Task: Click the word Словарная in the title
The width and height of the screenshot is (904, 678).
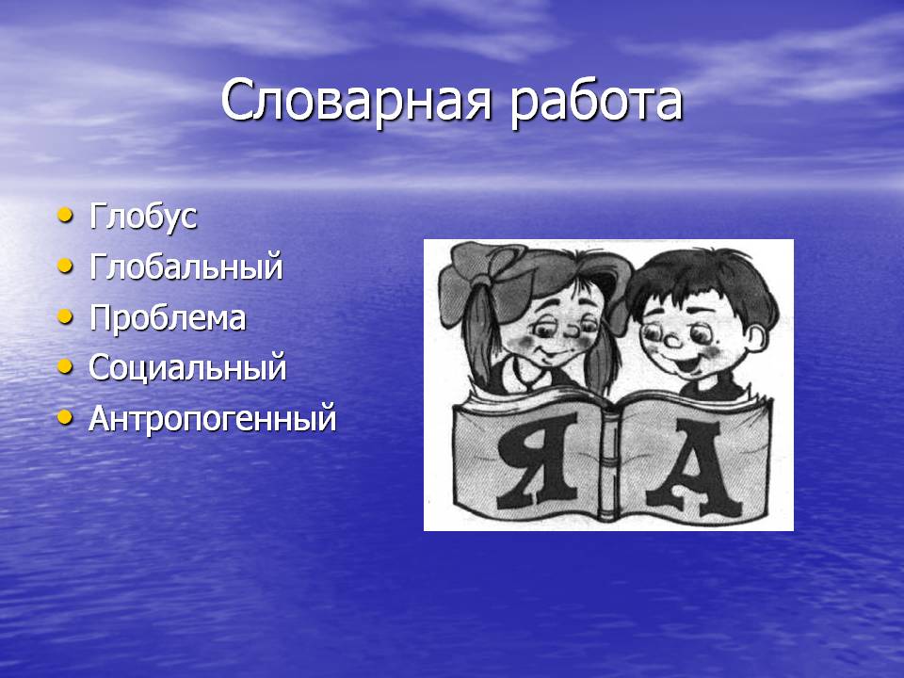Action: pos(356,103)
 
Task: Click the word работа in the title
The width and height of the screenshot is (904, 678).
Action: pos(597,104)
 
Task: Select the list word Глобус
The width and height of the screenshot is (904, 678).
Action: pos(143,218)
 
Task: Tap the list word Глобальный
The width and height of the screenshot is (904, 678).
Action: pos(186,266)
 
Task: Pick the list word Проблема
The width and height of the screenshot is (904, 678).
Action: pos(168,317)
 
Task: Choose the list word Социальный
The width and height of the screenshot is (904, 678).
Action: pos(187,368)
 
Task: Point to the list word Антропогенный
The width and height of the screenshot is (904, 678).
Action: pos(212,418)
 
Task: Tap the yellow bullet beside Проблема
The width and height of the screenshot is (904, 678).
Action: pos(66,317)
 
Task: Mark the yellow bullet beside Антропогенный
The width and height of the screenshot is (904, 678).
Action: pos(66,418)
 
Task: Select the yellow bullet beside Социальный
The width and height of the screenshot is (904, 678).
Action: pos(66,367)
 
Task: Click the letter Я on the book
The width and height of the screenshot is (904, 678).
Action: pos(538,461)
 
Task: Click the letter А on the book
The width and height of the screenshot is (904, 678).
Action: pos(694,468)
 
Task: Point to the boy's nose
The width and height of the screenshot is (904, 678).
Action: pos(672,341)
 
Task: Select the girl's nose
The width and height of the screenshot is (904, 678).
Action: pos(572,332)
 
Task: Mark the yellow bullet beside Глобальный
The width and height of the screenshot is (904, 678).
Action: pos(66,266)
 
